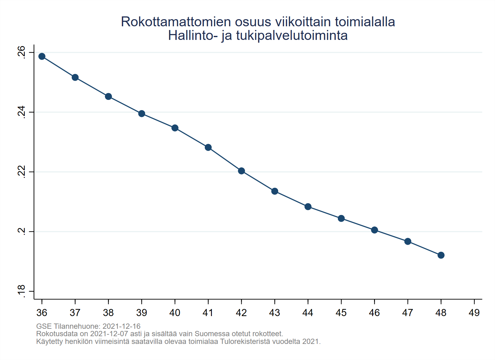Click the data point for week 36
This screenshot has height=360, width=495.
42,56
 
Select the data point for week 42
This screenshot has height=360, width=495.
241,171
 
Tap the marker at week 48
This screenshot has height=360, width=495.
441,255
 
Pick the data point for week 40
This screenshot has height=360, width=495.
175,128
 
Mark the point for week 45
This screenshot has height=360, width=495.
341,218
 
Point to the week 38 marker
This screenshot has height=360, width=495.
108,96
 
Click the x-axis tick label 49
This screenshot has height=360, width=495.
474,313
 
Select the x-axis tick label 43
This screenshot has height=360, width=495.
274,313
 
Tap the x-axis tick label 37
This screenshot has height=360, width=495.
75,313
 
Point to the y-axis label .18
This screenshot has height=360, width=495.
21,291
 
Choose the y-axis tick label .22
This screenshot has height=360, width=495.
21,172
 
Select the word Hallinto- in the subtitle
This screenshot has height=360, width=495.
192,36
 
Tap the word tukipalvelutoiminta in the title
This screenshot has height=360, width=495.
292,36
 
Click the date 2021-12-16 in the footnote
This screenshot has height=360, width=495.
121,326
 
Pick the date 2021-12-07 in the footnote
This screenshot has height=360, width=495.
109,334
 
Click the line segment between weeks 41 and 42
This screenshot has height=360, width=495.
225,159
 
